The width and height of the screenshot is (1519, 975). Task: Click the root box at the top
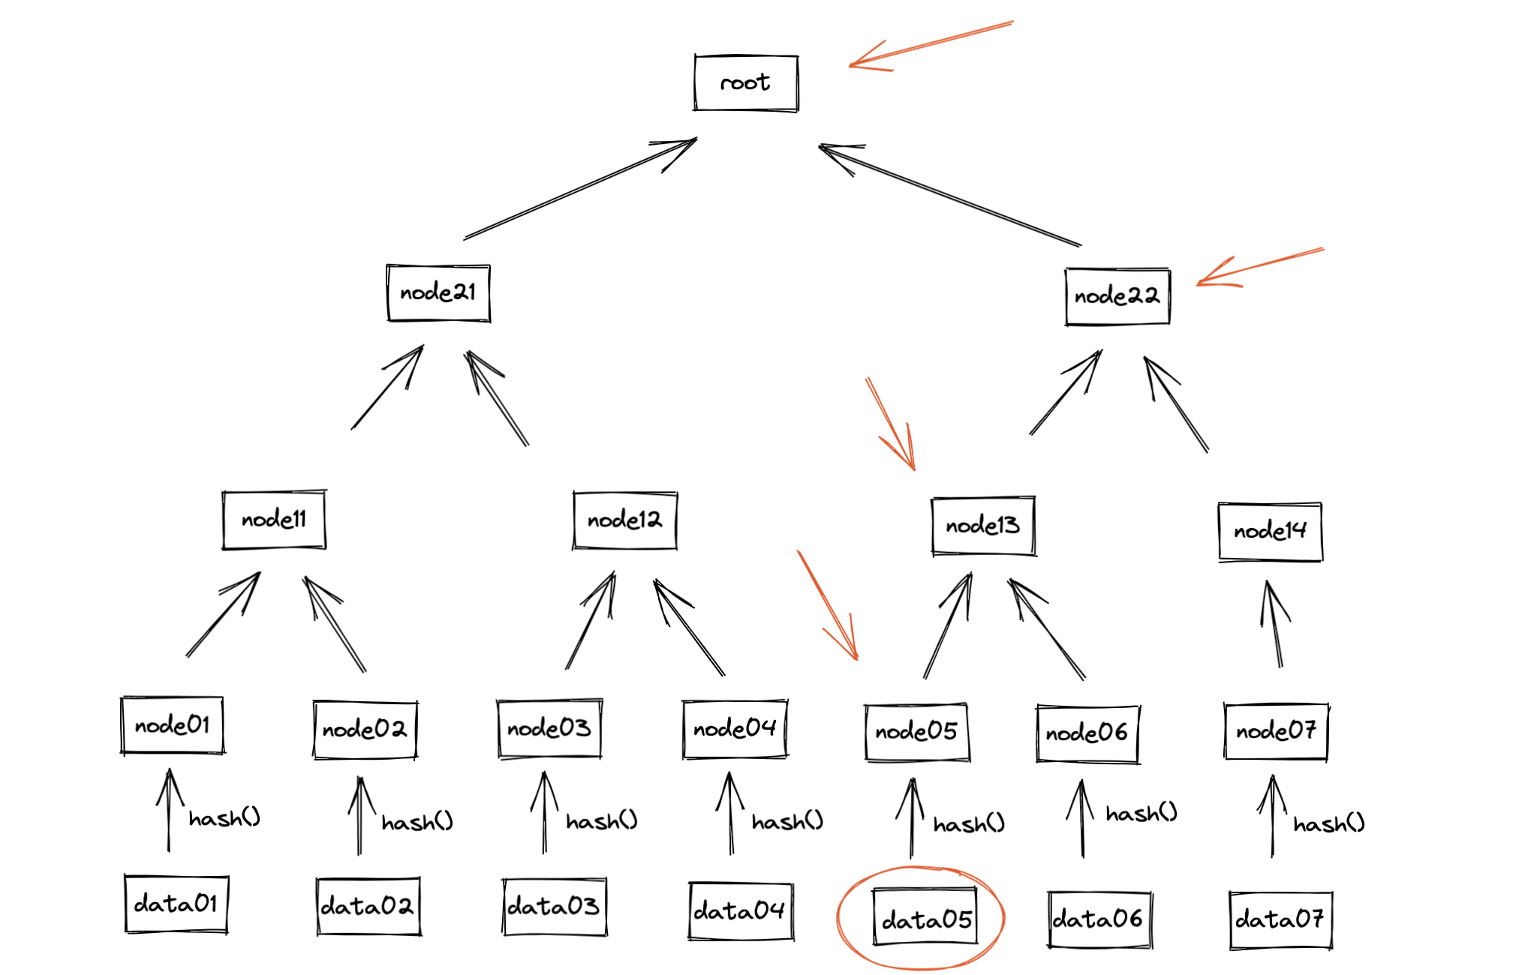point(746,82)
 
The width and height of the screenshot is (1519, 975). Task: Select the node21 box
point(438,292)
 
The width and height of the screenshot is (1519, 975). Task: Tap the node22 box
point(1117,296)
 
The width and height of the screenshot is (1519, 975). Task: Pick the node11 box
point(274,520)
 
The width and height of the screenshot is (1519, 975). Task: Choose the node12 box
point(625,520)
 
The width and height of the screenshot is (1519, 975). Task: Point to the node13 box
point(983,526)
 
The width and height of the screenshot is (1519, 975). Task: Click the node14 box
point(1270,532)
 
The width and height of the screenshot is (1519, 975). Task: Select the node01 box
point(173,725)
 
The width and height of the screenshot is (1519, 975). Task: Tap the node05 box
point(916,732)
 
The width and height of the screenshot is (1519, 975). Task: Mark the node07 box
point(1276,731)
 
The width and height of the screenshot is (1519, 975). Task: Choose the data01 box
point(176,904)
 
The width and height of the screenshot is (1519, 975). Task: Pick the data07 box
point(1280,919)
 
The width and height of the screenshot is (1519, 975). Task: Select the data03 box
point(554,907)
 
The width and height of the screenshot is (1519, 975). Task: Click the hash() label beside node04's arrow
point(787,822)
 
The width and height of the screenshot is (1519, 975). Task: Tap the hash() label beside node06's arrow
point(1141,814)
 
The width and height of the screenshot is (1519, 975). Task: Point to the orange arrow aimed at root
point(931,45)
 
